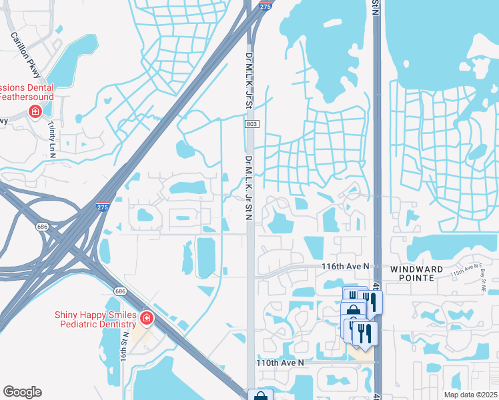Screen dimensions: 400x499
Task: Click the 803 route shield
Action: tap(250, 124)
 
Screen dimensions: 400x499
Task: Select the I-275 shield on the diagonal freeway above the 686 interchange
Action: tap(102, 207)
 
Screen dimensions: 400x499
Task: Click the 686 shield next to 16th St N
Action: tap(120, 291)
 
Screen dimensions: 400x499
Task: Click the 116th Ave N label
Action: tap(345, 267)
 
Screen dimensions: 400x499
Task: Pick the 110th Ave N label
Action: tap(280, 363)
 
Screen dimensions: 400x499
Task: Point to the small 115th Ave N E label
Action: tap(465, 273)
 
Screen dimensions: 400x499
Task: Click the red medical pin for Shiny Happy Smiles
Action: tap(146, 319)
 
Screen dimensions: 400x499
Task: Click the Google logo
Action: tap(22, 392)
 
